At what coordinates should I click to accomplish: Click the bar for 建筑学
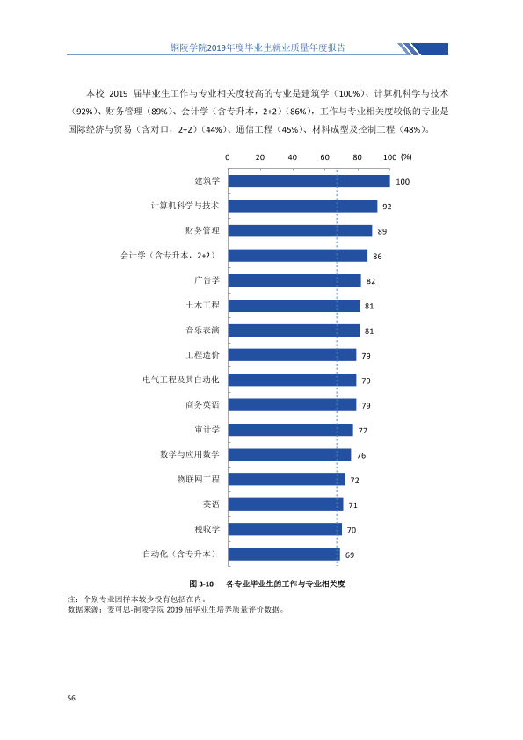(309, 181)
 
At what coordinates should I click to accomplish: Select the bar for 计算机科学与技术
(302, 207)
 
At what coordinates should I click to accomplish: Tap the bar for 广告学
(294, 281)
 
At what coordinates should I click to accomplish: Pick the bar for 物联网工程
(287, 480)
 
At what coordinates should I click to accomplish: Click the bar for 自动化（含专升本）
(284, 554)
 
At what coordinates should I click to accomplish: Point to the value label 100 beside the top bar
(403, 182)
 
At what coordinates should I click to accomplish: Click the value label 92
(387, 207)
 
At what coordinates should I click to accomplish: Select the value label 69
(350, 555)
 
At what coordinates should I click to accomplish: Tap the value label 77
(362, 431)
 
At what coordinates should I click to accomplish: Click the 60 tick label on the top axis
(324, 157)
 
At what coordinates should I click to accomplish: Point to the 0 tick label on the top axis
(228, 157)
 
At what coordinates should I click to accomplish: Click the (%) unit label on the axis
(406, 156)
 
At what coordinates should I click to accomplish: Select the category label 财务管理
(202, 230)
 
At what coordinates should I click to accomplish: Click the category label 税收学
(207, 529)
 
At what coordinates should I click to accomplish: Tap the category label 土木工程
(202, 305)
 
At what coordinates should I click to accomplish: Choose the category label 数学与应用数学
(190, 454)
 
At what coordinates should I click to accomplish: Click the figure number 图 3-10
(201, 584)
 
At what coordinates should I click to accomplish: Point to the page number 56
(71, 698)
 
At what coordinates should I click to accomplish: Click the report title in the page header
(258, 47)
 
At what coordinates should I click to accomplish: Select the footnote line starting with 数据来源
(176, 609)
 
